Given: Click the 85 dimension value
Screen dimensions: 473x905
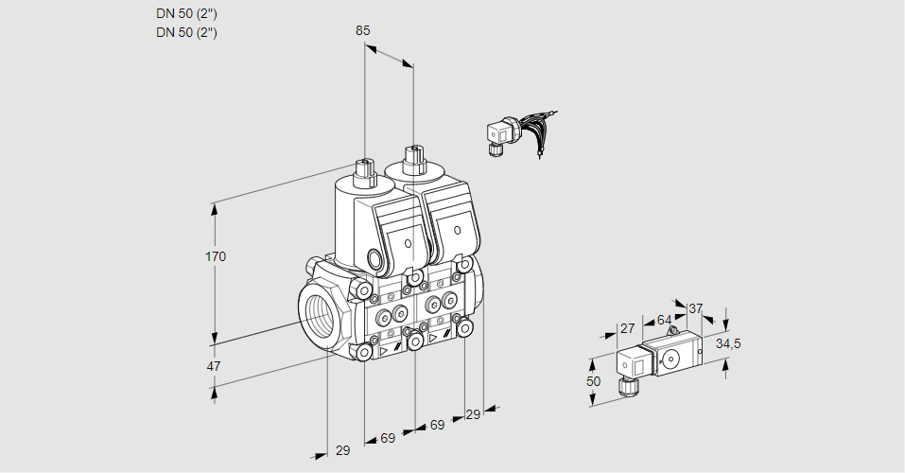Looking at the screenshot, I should (x=362, y=30).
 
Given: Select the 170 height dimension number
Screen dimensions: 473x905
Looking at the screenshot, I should (x=217, y=256).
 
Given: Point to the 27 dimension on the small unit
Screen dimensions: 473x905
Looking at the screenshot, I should (x=626, y=328).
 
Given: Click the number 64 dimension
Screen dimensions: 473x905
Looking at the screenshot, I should (x=664, y=321).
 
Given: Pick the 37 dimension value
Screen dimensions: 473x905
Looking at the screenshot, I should (x=696, y=308).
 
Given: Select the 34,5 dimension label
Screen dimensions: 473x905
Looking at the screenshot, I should (x=729, y=343).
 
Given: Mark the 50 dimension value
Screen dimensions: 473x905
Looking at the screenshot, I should (x=593, y=381).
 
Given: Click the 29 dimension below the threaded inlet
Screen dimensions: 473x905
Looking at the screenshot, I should (x=342, y=450).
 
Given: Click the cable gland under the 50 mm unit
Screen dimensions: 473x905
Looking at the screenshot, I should (x=624, y=385).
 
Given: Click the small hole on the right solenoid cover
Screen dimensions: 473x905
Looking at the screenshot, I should (x=458, y=229).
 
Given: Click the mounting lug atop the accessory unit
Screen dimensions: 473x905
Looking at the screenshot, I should (x=673, y=331).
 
